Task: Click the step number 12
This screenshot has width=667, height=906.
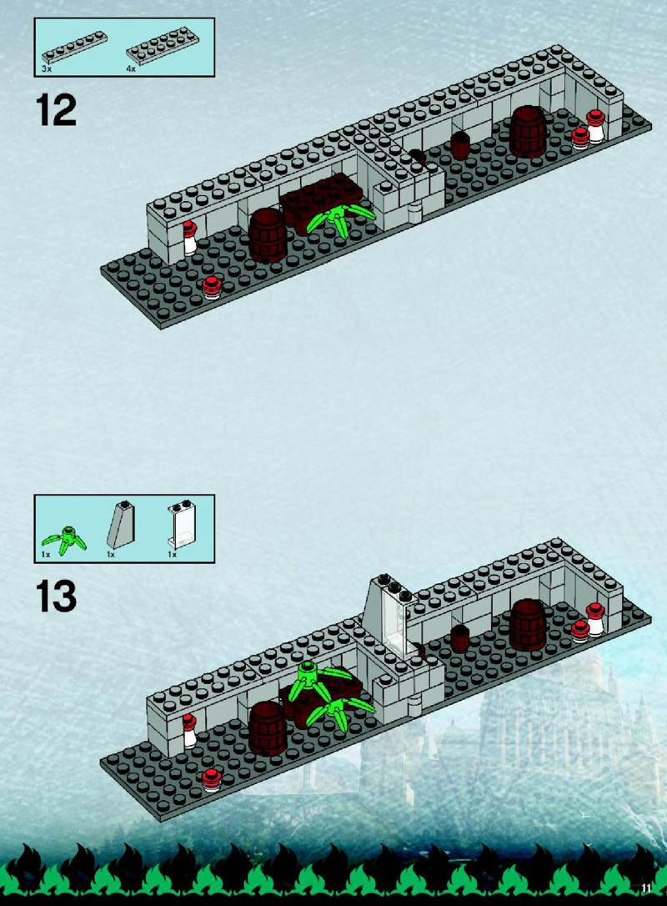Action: tap(56, 110)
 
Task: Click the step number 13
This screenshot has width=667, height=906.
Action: tap(56, 596)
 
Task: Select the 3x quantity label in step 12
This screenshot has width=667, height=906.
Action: tap(47, 68)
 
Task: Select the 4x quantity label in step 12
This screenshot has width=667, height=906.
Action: tap(131, 68)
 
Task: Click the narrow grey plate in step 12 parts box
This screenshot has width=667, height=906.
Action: tap(74, 47)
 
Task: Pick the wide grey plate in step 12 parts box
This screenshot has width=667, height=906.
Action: tap(163, 46)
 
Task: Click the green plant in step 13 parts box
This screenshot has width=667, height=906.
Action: tap(64, 541)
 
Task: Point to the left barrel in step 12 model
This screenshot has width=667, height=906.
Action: tap(268, 235)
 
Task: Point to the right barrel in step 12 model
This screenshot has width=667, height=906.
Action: tap(528, 131)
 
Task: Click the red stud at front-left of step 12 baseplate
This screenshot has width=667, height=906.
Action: tap(213, 287)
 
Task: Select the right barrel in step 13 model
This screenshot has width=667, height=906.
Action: tap(528, 625)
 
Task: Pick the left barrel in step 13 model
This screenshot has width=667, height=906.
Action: tap(268, 728)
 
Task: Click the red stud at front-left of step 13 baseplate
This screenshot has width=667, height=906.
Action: tap(213, 780)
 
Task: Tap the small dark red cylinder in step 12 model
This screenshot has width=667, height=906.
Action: tap(460, 146)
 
